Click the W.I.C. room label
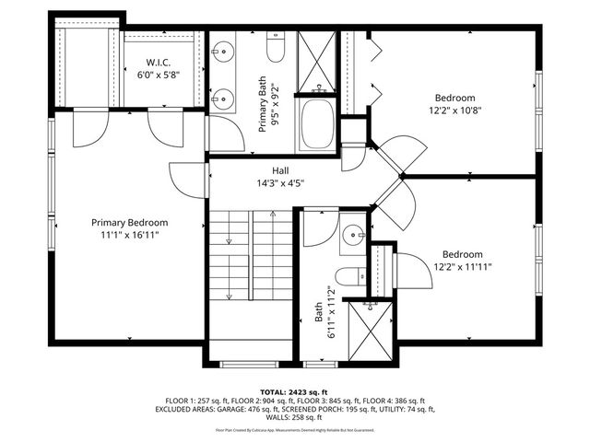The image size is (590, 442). (158, 60)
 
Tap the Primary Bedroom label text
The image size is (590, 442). (129, 222)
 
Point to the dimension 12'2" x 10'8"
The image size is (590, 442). (455, 110)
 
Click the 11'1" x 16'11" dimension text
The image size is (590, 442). (129, 236)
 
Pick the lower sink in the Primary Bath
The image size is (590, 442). (221, 97)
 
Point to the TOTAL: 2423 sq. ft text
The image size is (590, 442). (295, 392)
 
